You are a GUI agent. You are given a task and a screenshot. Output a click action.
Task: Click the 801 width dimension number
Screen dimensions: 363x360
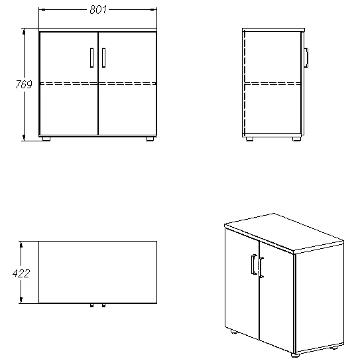coord(98,11)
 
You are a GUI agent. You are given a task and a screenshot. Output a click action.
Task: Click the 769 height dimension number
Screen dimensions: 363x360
coord(23,84)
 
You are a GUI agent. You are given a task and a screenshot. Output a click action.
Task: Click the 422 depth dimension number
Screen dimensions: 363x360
coord(21,272)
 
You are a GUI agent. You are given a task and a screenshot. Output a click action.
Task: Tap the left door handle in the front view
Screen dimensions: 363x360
coord(91,58)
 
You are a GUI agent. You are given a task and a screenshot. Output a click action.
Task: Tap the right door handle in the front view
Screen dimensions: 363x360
coord(104,58)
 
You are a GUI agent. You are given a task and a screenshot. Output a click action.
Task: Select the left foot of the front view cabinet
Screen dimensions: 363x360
coord(46,139)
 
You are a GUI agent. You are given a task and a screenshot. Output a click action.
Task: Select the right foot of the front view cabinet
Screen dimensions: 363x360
coord(150,139)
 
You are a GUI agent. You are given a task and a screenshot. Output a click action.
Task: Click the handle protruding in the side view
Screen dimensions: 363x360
coord(306,58)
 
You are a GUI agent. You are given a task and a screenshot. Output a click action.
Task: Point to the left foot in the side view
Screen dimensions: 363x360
coord(249,139)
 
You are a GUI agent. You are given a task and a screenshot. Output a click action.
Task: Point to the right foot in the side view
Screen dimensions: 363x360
coord(298,139)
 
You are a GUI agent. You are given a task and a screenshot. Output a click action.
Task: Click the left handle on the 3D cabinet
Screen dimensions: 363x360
coord(254,265)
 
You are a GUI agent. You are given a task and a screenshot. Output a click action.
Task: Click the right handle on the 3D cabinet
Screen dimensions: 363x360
coord(262,267)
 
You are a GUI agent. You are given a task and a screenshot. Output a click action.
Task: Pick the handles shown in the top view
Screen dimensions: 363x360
coord(97,306)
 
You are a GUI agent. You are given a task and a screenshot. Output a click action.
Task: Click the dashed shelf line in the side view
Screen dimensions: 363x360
coord(274,84)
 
